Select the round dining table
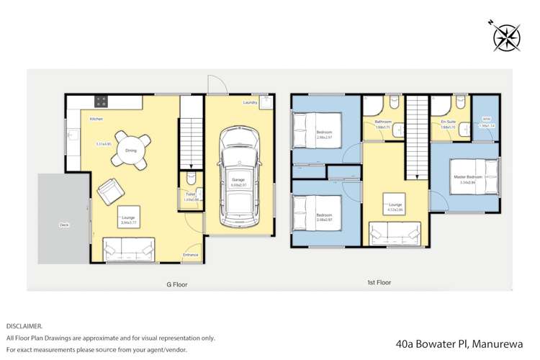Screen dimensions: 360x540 click(131, 150)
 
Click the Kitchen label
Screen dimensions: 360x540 click(96, 119)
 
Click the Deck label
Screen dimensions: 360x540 click(64, 225)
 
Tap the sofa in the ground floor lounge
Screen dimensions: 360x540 click(129, 249)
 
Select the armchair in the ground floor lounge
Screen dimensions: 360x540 click(111, 191)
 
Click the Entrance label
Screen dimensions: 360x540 click(190, 254)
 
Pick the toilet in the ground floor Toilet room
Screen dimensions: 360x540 click(191, 177)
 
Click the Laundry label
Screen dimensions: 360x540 click(251, 103)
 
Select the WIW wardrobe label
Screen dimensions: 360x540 click(487, 120)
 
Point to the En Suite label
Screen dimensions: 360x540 click(448, 122)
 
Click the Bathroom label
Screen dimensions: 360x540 click(382, 122)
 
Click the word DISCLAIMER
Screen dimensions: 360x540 click(24, 325)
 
